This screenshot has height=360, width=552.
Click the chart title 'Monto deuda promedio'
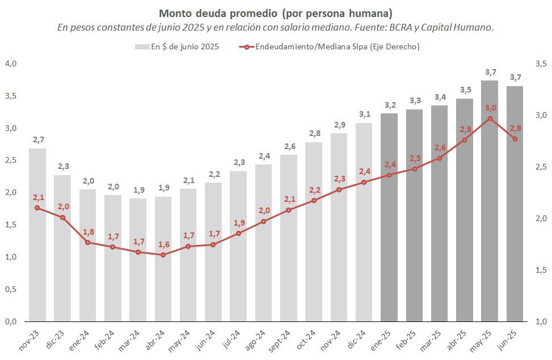(x=275, y=13)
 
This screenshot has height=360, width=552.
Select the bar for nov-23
(x=37, y=235)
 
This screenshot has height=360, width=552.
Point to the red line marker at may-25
(x=490, y=118)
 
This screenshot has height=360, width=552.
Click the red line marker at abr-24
(x=163, y=255)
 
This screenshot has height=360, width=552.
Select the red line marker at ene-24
(x=88, y=242)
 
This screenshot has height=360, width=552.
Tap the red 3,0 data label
(x=490, y=108)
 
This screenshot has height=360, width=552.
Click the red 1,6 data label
(x=163, y=244)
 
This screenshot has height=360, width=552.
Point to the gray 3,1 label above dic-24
(x=364, y=114)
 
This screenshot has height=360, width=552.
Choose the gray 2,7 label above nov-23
(x=37, y=139)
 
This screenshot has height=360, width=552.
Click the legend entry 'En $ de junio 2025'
(x=177, y=46)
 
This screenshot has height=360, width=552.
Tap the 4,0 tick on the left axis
(x=10, y=63)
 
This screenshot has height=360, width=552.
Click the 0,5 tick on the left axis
(x=10, y=289)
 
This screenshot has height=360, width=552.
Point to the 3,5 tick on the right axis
(x=540, y=63)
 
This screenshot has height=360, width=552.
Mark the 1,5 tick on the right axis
(x=540, y=270)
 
